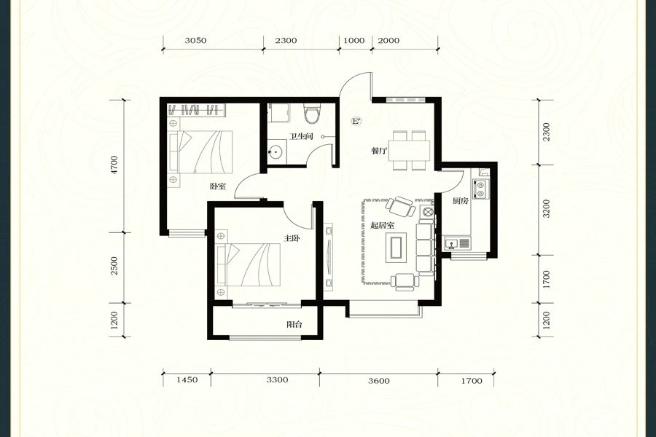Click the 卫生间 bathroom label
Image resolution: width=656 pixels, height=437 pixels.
point(301,136)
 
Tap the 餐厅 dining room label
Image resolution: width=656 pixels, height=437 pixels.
point(378,151)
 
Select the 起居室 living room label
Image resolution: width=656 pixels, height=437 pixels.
point(383,225)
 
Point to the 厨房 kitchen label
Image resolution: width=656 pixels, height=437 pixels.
point(460,201)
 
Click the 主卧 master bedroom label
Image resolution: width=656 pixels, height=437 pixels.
point(292,238)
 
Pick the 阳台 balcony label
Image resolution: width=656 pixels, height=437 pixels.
point(294,324)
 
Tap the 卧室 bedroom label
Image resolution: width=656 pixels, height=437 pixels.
point(217,186)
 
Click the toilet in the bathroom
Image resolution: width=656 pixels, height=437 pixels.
point(312,114)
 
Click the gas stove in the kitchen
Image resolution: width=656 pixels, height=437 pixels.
point(480,188)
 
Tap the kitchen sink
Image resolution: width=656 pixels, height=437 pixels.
point(457,243)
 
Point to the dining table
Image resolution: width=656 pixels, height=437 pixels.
point(409,150)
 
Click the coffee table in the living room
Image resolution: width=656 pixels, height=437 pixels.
point(396,247)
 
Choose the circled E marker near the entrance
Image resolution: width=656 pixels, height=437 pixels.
point(356,122)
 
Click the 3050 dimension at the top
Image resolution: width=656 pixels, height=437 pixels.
point(195,41)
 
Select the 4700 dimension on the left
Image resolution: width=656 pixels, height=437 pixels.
point(114,165)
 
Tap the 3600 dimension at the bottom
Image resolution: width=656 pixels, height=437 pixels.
point(378,381)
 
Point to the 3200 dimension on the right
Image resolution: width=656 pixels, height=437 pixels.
point(547,209)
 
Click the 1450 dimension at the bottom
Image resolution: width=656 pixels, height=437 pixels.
point(187,380)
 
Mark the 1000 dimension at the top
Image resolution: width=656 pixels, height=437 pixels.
point(354,41)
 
